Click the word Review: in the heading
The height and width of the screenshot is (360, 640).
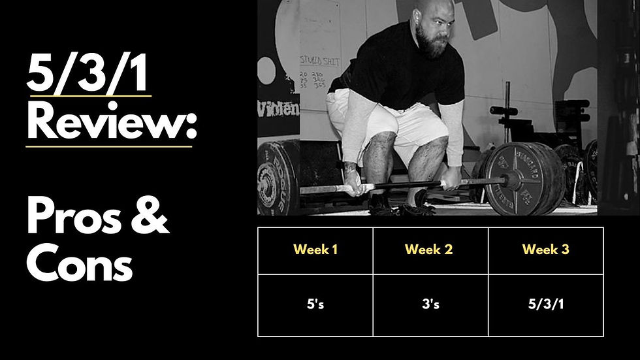[x=111, y=122]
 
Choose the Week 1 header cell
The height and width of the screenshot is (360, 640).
[x=315, y=250]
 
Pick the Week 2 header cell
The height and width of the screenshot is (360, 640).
[x=430, y=250]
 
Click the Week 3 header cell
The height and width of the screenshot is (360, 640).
[x=545, y=250]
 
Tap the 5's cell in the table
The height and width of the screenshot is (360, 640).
[x=315, y=305]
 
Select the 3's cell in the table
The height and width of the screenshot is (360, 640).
[x=430, y=305]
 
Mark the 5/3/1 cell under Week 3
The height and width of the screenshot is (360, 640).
[x=545, y=305]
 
